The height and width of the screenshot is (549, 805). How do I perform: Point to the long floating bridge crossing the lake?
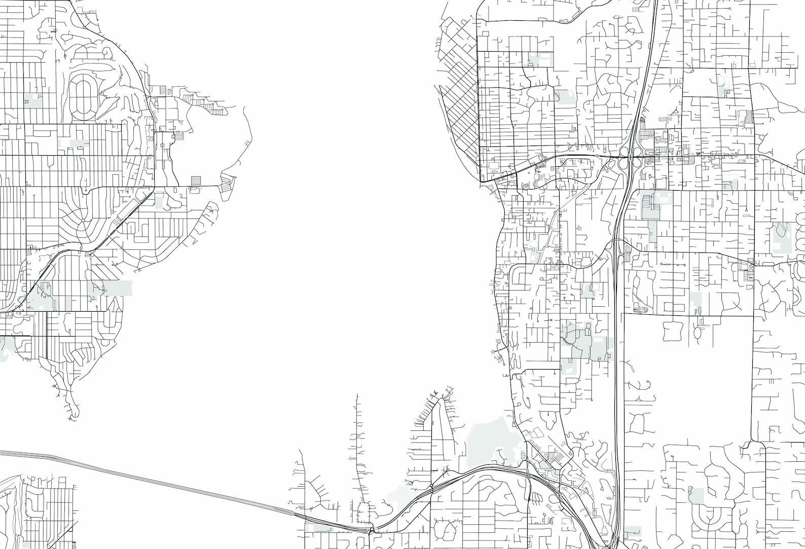(x=152, y=482)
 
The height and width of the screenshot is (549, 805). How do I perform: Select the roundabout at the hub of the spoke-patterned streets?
(x=81, y=221)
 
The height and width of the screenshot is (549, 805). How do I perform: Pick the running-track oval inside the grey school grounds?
(x=640, y=310)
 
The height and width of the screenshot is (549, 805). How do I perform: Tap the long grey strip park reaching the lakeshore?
(x=112, y=288)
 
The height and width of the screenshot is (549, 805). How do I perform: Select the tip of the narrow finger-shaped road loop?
(x=442, y=400)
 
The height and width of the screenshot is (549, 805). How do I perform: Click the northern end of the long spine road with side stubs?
(x=357, y=395)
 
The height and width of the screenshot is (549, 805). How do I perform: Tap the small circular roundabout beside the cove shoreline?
(x=163, y=145)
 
